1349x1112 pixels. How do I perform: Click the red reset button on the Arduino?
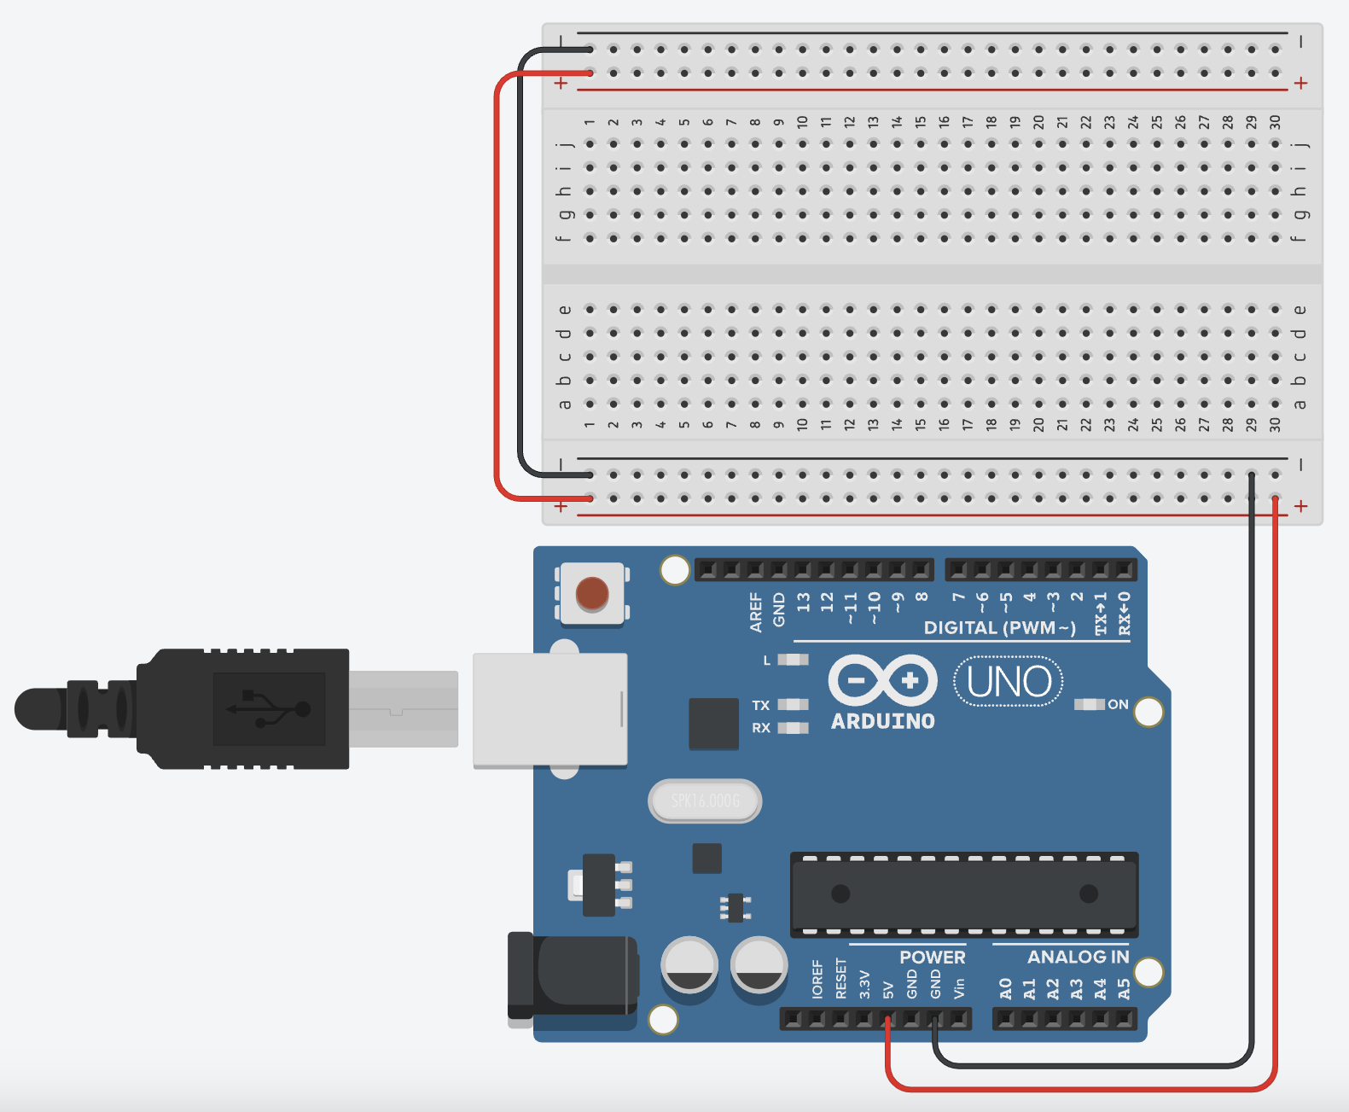592,593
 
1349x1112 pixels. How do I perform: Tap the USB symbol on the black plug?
268,708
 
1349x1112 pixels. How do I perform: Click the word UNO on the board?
1009,682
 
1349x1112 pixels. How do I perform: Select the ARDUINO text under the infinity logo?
883,721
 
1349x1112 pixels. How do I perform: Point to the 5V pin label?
888,989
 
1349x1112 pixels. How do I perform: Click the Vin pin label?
959,987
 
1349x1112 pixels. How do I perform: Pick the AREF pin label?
755,612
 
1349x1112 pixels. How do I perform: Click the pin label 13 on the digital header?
803,603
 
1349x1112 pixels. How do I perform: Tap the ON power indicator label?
1118,704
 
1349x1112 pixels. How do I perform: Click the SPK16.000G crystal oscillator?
705,801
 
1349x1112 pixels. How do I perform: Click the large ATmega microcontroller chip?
964,894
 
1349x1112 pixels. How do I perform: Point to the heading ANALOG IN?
1078,957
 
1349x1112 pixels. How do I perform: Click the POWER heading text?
932,957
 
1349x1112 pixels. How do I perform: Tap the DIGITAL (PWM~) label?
999,628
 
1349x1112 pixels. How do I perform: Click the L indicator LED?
794,660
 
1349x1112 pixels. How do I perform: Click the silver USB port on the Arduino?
550,708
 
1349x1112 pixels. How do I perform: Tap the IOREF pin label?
817,979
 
